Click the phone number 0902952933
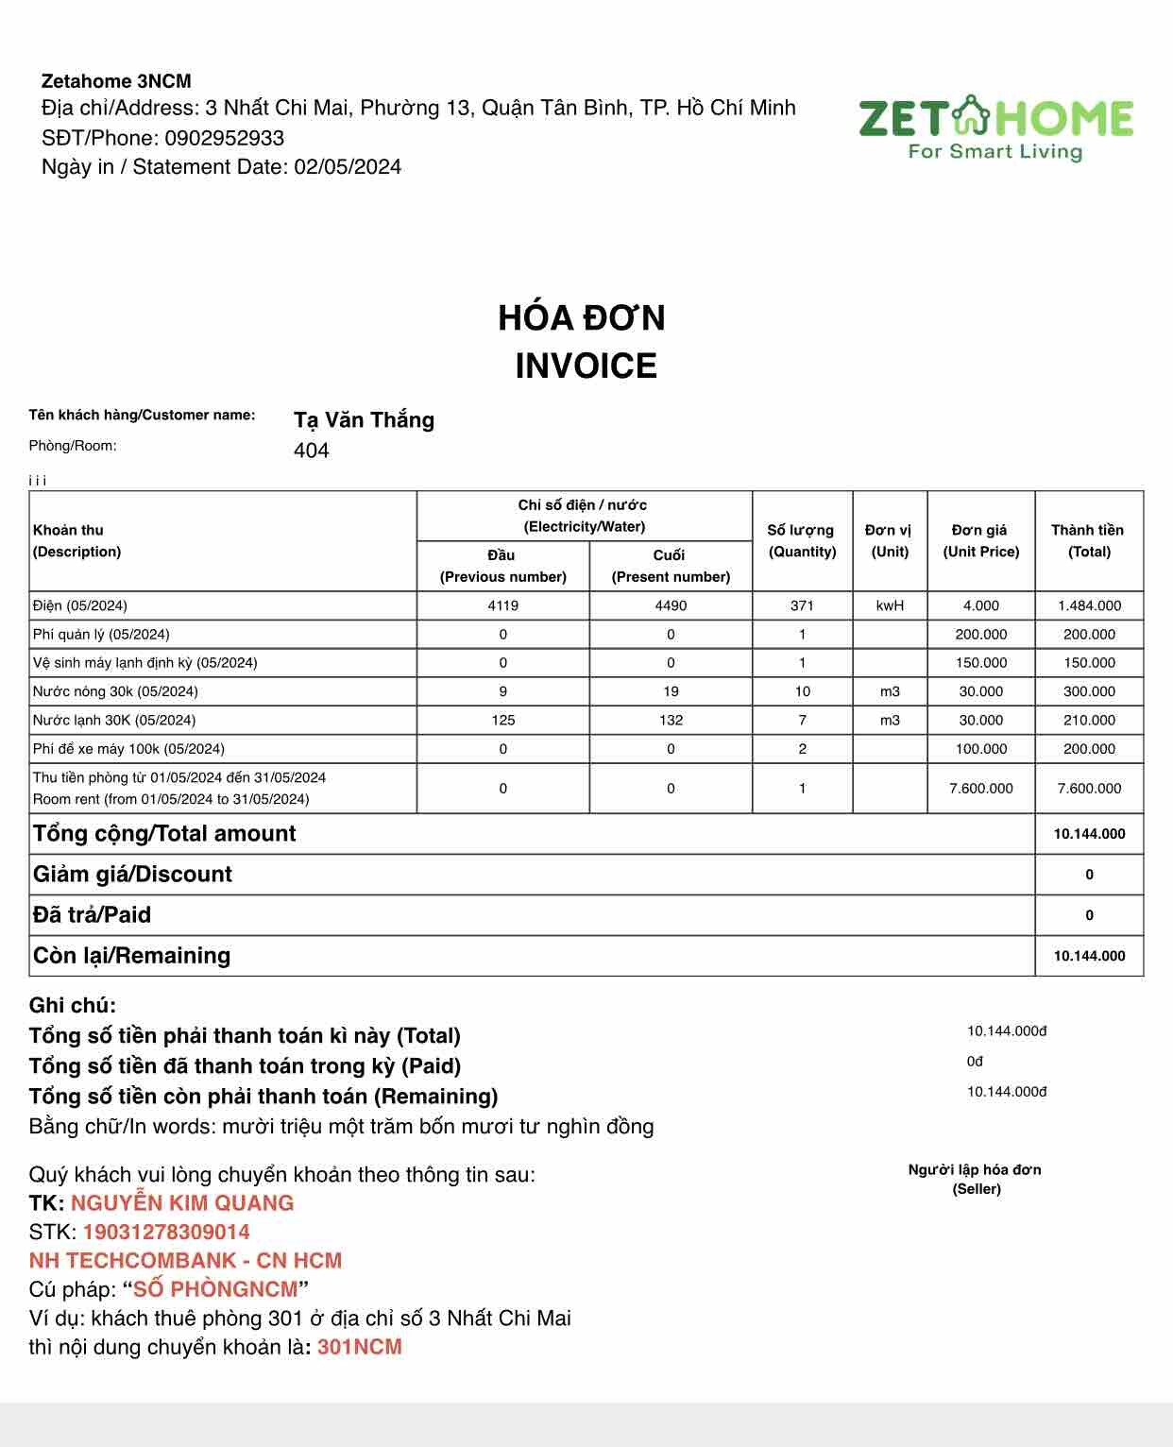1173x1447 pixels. [x=224, y=138]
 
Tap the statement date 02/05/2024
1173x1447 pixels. [x=348, y=167]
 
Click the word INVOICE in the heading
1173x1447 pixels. [x=586, y=366]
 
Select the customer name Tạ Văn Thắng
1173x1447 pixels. [x=364, y=420]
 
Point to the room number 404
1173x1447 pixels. [x=312, y=451]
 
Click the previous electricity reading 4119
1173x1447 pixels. [x=503, y=605]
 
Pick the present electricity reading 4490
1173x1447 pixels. [x=671, y=605]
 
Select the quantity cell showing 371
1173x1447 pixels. [x=802, y=605]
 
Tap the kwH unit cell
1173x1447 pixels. [x=890, y=605]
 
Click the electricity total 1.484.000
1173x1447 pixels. [x=1089, y=605]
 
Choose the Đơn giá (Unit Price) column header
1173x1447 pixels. [x=980, y=540]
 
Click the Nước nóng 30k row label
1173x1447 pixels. [x=115, y=691]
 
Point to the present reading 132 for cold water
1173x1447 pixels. [x=671, y=720]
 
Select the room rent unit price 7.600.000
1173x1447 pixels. [x=980, y=789]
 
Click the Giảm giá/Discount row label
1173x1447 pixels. [x=132, y=875]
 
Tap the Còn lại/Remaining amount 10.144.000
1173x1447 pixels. [x=1089, y=956]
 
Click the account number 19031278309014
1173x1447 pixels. [x=166, y=1232]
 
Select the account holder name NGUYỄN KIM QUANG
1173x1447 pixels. [x=182, y=1203]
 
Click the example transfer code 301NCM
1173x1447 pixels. [x=360, y=1347]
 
